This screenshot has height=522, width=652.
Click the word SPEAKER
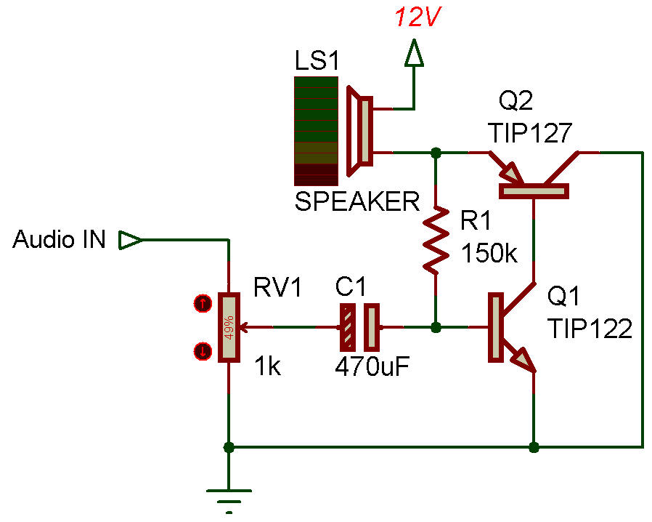(356, 201)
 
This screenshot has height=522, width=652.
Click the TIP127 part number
(530, 133)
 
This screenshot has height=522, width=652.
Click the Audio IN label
(60, 240)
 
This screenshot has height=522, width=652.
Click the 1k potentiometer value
(267, 366)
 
